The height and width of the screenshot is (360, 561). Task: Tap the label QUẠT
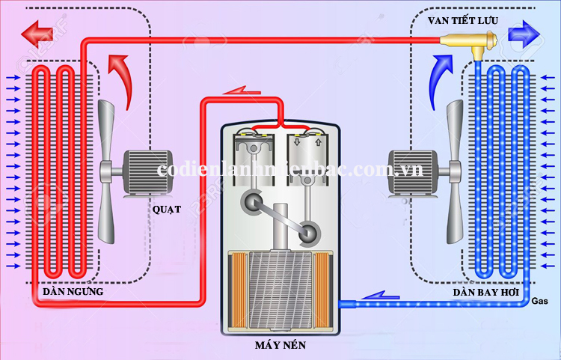[x=167, y=209]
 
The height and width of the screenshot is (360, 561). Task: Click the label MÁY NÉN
[x=281, y=347]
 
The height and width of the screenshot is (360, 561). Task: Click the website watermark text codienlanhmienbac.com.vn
[x=290, y=169]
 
